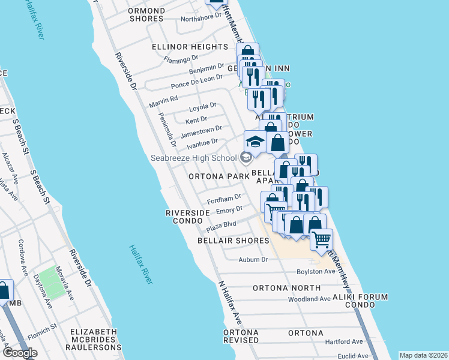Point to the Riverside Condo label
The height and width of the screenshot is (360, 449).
click(x=188, y=217)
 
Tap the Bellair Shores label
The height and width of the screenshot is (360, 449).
click(x=234, y=241)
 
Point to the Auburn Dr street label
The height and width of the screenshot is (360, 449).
click(x=252, y=260)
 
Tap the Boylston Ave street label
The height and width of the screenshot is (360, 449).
click(x=316, y=272)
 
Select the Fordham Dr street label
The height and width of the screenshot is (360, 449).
click(x=223, y=198)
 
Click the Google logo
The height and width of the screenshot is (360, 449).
click(x=20, y=353)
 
